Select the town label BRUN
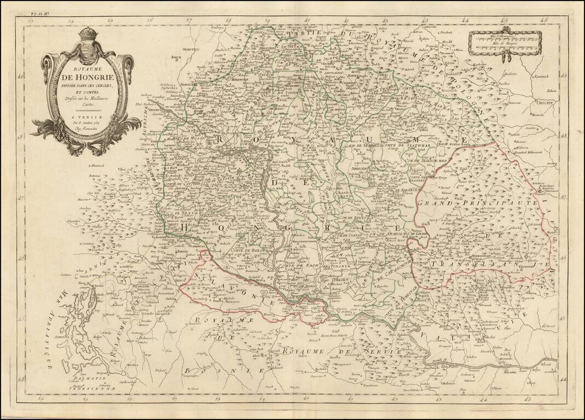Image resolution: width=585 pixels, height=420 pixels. [176, 56]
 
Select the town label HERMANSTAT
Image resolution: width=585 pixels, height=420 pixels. [473, 255]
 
